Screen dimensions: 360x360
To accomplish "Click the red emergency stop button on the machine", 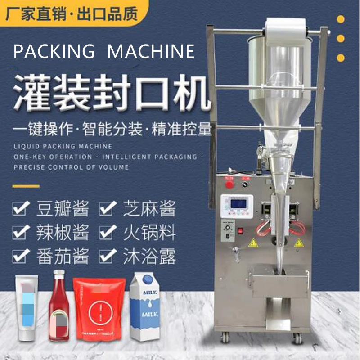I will coord(229,184).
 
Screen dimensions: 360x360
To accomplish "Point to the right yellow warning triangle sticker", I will coord(298,243).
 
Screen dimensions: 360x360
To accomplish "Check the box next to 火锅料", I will coord(106,233).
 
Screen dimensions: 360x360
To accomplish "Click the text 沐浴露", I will coord(149,256).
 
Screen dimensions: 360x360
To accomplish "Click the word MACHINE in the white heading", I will coord(151,52).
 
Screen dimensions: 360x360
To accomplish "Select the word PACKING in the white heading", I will coord(54,52).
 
